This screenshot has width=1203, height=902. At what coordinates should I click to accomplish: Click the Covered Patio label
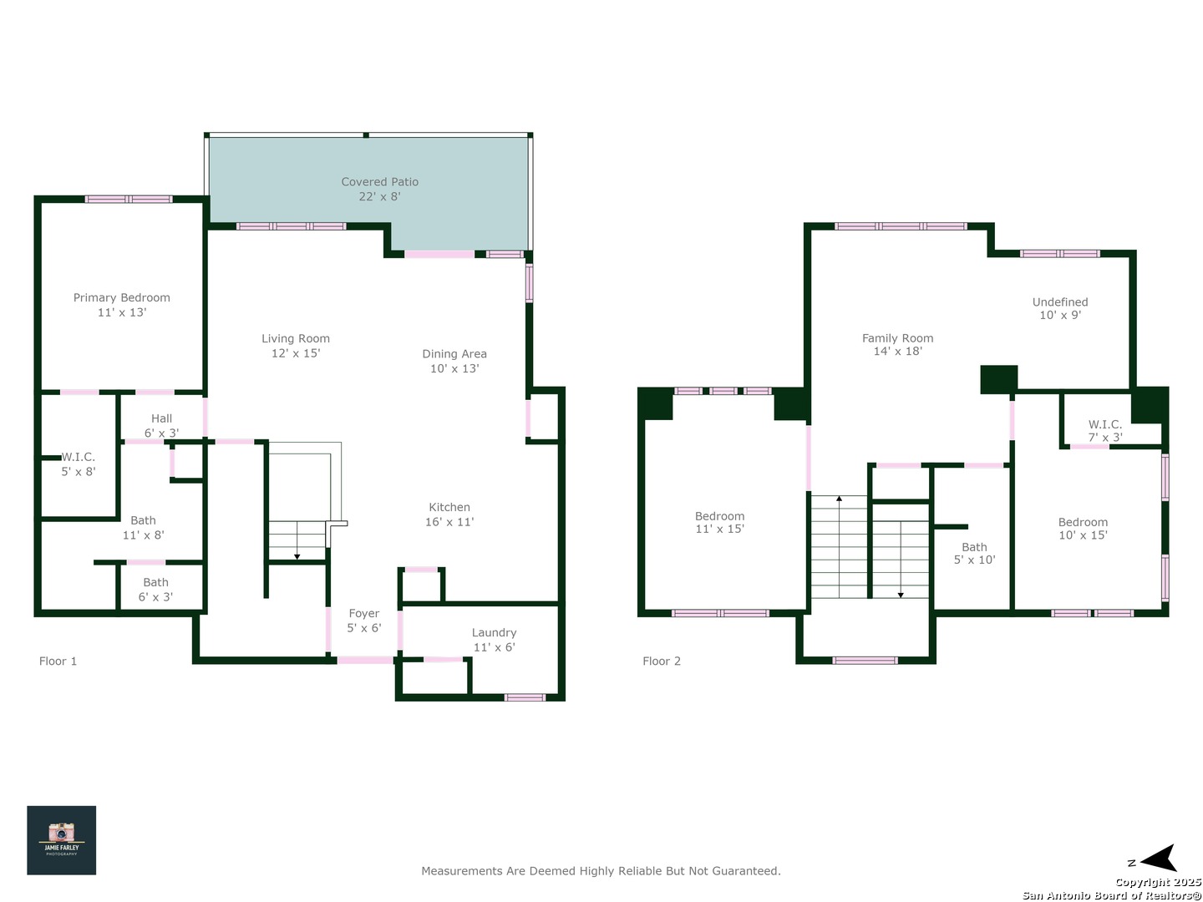[379, 189]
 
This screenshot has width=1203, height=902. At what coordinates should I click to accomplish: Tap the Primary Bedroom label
[122, 305]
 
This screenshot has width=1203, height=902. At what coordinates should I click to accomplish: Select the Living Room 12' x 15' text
[296, 346]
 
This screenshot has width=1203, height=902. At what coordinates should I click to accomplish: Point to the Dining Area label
[454, 361]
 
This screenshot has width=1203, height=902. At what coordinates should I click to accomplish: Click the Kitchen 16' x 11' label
[449, 514]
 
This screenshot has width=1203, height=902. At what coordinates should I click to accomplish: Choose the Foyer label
[364, 621]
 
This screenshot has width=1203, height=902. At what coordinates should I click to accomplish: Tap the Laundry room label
[494, 640]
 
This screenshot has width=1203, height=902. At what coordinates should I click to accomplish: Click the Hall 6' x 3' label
[161, 426]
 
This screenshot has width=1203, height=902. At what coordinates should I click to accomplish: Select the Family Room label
[897, 344]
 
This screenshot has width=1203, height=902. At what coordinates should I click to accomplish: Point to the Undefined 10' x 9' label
[1059, 308]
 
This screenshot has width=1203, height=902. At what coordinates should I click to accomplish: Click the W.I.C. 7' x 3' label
[1104, 430]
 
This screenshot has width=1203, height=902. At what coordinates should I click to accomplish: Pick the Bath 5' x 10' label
[974, 553]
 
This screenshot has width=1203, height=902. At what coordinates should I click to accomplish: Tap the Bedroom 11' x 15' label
[719, 522]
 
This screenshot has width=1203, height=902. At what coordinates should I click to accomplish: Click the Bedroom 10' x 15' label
[1083, 528]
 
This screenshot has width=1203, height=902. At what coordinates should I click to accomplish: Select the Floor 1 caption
[58, 661]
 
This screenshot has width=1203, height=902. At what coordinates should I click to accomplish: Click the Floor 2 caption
[661, 661]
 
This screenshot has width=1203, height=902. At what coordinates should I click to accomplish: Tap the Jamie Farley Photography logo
[61, 839]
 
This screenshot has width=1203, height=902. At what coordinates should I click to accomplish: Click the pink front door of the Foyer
[365, 661]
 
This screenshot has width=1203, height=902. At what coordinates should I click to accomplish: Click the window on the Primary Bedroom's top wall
[129, 200]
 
